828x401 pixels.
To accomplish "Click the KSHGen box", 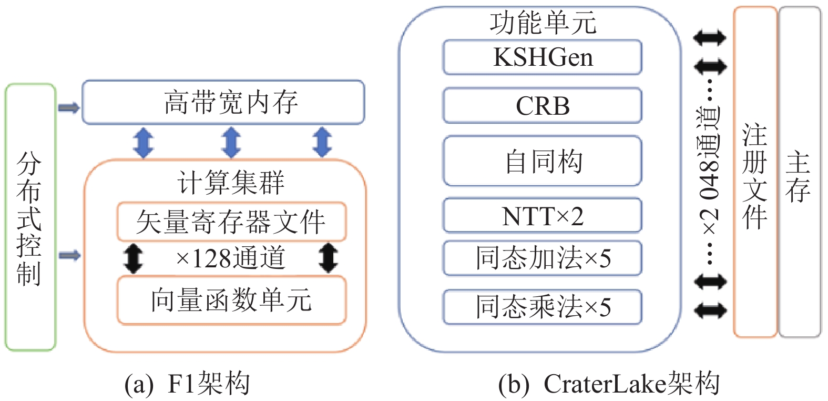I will (x=542, y=57).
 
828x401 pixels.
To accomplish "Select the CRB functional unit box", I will (x=542, y=105).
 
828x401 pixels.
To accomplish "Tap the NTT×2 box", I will (x=542, y=215).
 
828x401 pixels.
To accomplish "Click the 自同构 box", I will (x=542, y=161).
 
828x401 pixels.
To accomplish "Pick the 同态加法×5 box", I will (x=542, y=258).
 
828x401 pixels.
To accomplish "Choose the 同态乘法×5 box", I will (x=542, y=307).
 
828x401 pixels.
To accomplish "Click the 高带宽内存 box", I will (x=223, y=102).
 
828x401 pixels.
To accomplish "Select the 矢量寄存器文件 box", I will (x=231, y=222).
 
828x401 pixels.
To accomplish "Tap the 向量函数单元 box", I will (x=231, y=300).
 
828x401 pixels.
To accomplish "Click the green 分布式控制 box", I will (x=30, y=217).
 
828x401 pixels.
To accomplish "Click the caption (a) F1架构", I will (x=187, y=384).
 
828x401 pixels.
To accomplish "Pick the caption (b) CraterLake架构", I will (x=608, y=384).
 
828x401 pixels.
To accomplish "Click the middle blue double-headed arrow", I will (x=231, y=142).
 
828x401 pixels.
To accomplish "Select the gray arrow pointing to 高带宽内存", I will (x=69, y=108).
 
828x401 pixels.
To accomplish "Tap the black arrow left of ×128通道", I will (x=133, y=258).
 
